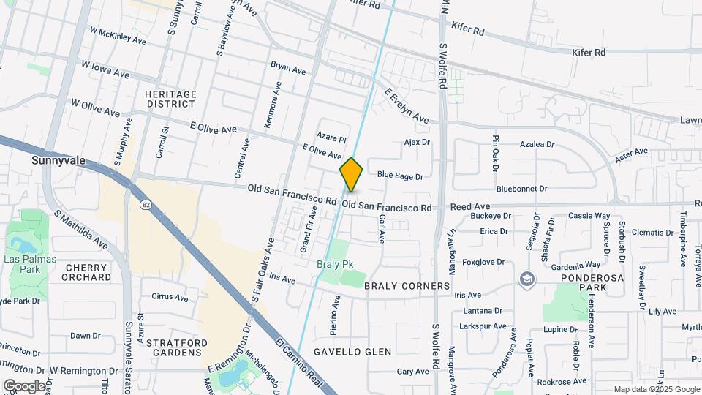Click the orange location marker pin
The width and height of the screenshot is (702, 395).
pyautogui.click(x=351, y=175)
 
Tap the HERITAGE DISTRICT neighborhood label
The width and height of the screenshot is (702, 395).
pyautogui.click(x=170, y=99)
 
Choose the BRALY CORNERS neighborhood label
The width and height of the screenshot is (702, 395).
pyautogui.click(x=407, y=286)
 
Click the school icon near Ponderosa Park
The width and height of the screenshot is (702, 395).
pyautogui.click(x=526, y=279)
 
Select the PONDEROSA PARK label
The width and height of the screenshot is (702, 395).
pyautogui.click(x=595, y=283)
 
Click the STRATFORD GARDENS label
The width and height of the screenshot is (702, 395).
pyautogui.click(x=173, y=347)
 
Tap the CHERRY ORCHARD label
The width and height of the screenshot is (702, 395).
pyautogui.click(x=87, y=273)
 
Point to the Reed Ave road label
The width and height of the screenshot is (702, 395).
pyautogui.click(x=469, y=207)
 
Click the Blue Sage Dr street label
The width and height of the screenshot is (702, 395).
pyautogui.click(x=400, y=176)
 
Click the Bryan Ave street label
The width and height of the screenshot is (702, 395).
pyautogui.click(x=288, y=69)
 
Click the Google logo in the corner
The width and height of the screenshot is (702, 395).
pyautogui.click(x=24, y=386)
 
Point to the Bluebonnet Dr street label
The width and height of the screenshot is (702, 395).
pyautogui.click(x=521, y=189)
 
